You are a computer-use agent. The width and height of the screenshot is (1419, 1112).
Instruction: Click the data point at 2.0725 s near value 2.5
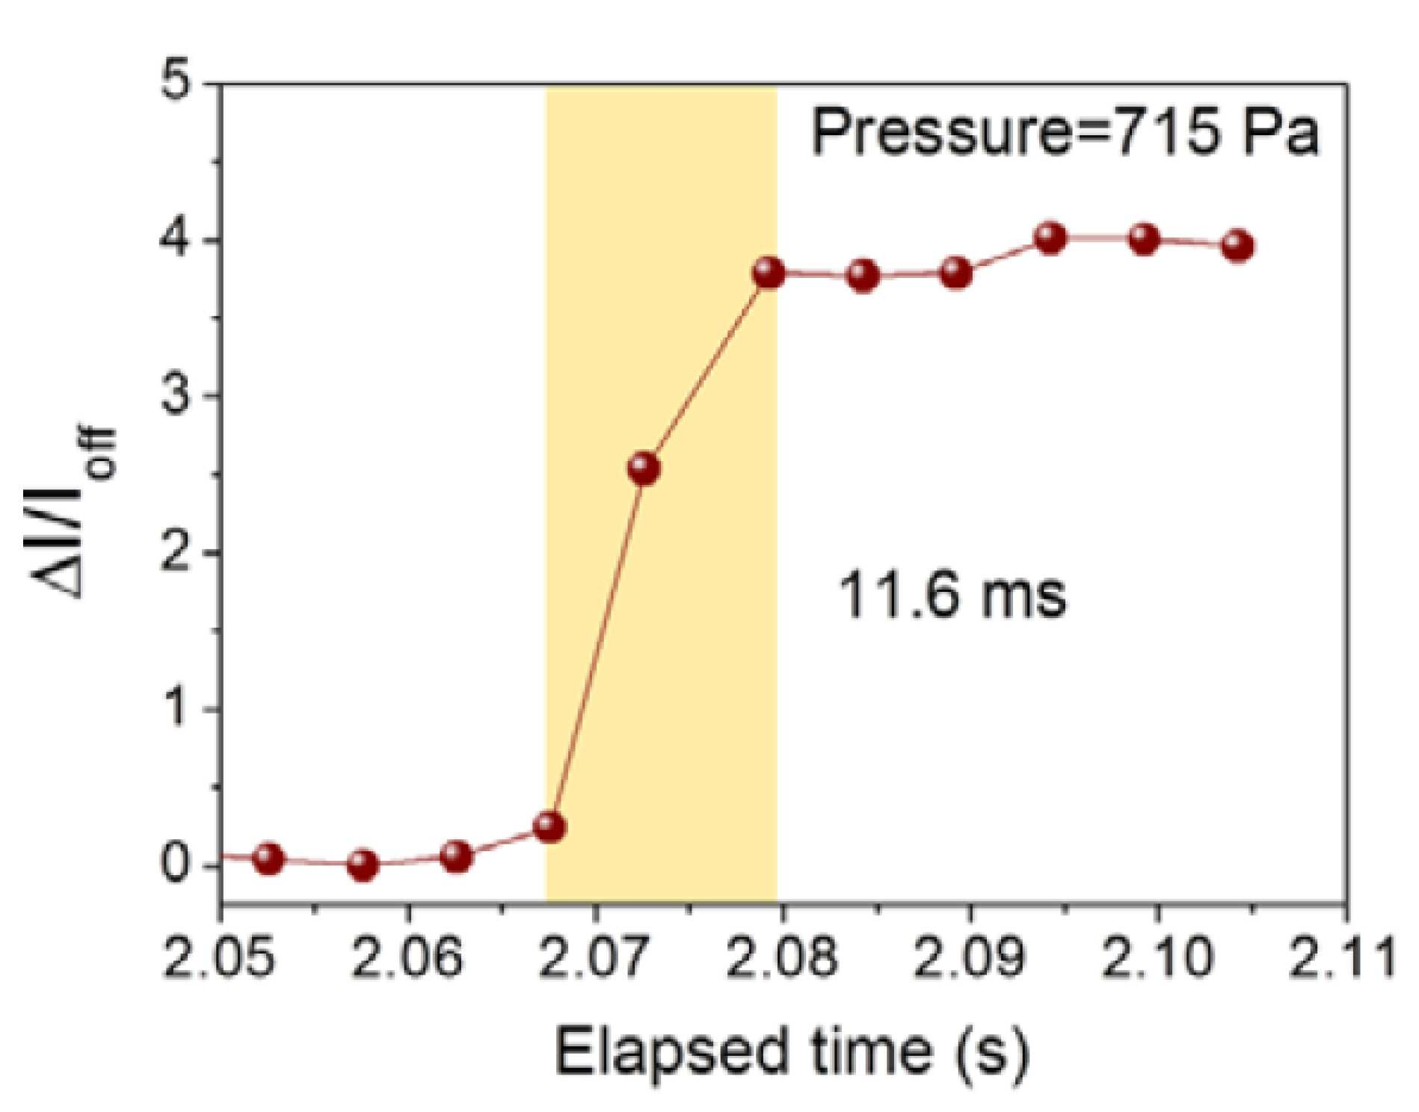[644, 469]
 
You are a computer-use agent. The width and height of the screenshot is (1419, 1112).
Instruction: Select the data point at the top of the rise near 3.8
[769, 274]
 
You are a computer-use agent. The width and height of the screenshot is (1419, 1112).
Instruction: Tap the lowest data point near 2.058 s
[363, 865]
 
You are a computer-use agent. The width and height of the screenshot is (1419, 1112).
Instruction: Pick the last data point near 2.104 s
[1237, 246]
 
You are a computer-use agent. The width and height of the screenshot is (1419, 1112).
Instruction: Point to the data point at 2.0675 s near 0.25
[550, 827]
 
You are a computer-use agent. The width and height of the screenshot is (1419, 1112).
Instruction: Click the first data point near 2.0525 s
[269, 859]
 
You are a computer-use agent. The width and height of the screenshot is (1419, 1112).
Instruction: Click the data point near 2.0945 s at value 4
[1050, 238]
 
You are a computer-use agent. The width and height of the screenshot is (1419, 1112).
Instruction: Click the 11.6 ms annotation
[952, 596]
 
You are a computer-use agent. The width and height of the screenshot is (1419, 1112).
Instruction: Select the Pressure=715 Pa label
[1065, 132]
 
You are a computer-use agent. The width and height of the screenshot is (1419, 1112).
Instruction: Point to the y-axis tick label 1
[177, 708]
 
